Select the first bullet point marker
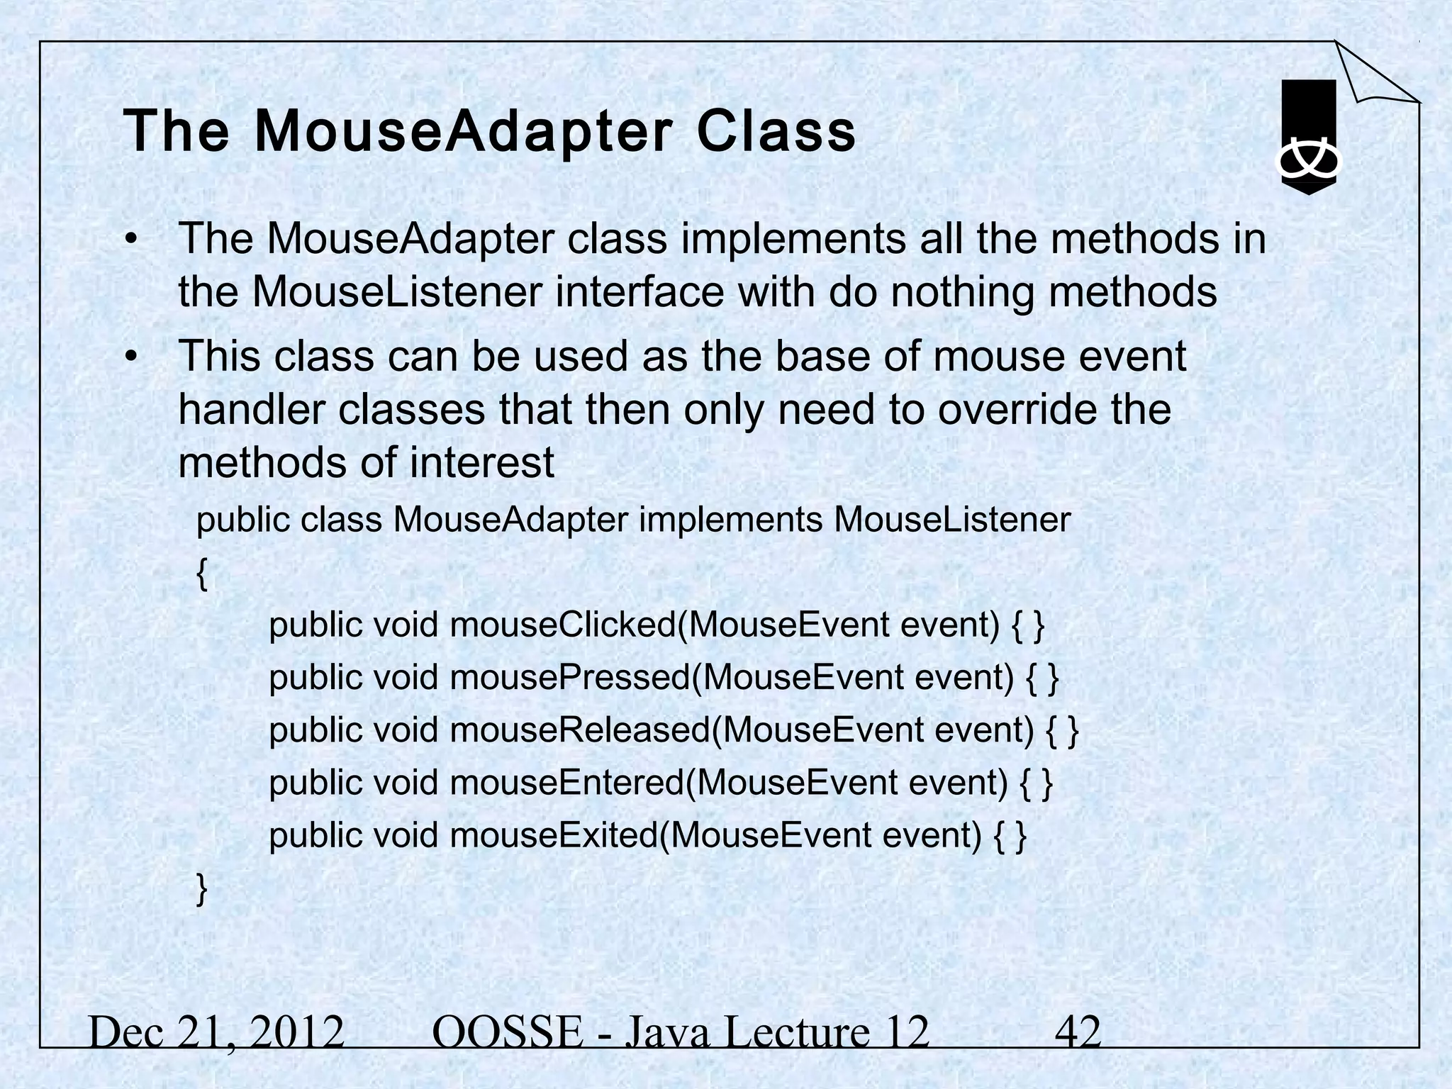pos(130,240)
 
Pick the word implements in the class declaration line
pos(730,520)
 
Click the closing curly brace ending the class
pos(202,889)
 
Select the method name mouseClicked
pos(563,625)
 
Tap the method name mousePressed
pos(569,678)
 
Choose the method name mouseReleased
pos(579,731)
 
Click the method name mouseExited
pos(553,836)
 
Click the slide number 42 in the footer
pos(1078,1032)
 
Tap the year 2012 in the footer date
pos(297,1032)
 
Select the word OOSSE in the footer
pos(506,1032)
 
